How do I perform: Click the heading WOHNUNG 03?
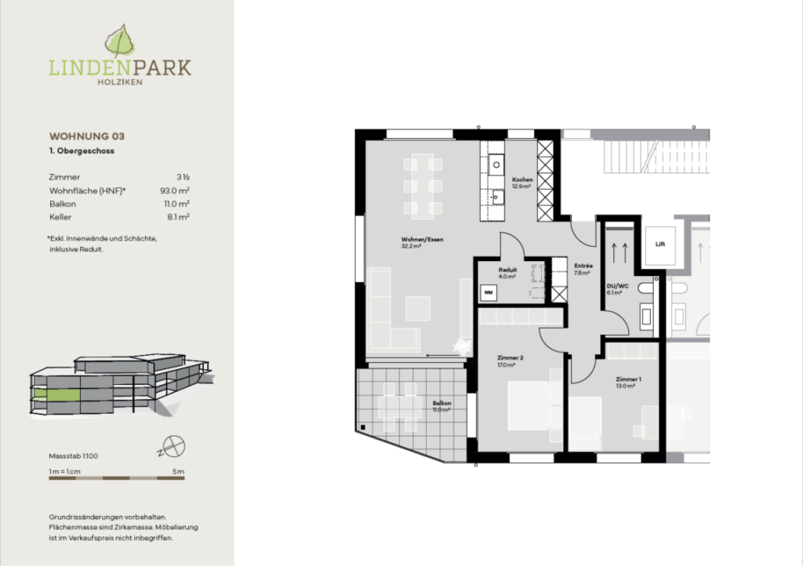click(87, 136)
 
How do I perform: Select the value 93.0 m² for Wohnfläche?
click(174, 190)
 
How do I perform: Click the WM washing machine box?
click(488, 292)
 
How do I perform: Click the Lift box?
click(660, 244)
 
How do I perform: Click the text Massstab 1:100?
click(73, 455)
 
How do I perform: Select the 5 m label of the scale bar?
click(178, 471)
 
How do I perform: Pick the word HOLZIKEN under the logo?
click(119, 82)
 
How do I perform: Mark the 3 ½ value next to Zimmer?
click(183, 178)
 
